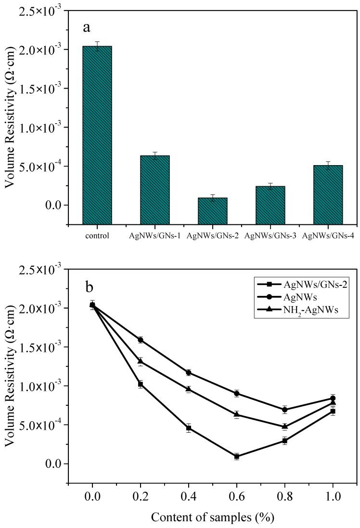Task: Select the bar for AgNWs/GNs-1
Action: click(155, 190)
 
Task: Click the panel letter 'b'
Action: click(89, 287)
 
